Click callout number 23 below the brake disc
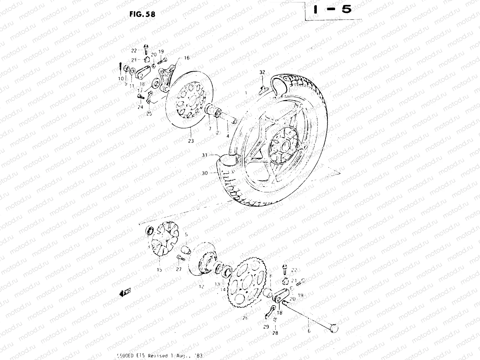coord(191,141)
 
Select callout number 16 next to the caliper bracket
coord(187,58)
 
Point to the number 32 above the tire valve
coord(262,72)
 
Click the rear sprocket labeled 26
coord(246,282)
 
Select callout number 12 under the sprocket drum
coord(201,287)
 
